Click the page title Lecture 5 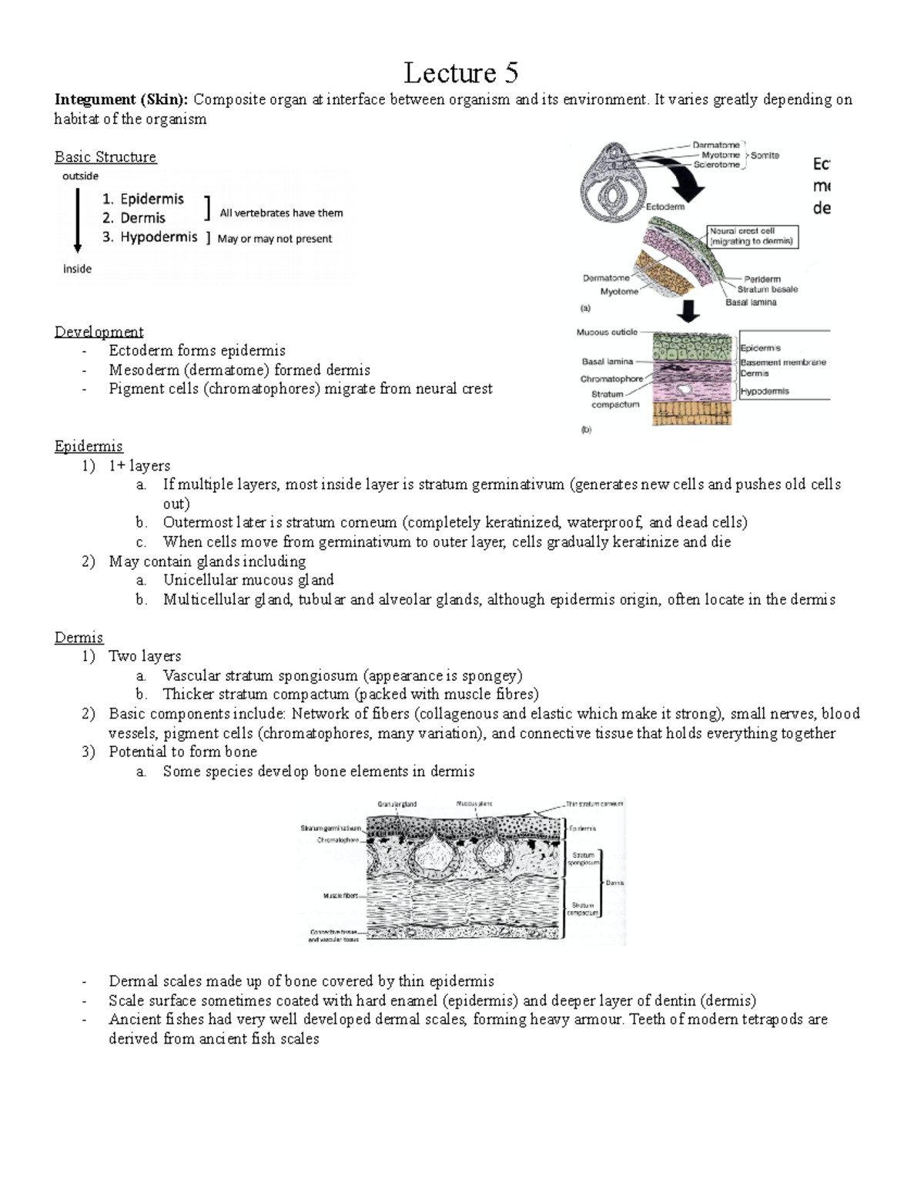[x=461, y=73]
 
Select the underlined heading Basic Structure [x=105, y=157]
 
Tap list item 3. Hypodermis [x=150, y=237]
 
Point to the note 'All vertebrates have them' [x=281, y=213]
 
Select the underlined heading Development [x=99, y=332]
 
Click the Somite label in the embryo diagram [x=765, y=156]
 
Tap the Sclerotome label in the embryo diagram [x=716, y=165]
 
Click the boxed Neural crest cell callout [x=753, y=236]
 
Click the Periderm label [x=762, y=279]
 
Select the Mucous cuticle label [x=607, y=333]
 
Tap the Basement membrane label [x=782, y=362]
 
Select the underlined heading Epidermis [x=89, y=447]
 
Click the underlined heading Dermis [x=79, y=638]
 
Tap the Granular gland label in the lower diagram [x=397, y=804]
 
